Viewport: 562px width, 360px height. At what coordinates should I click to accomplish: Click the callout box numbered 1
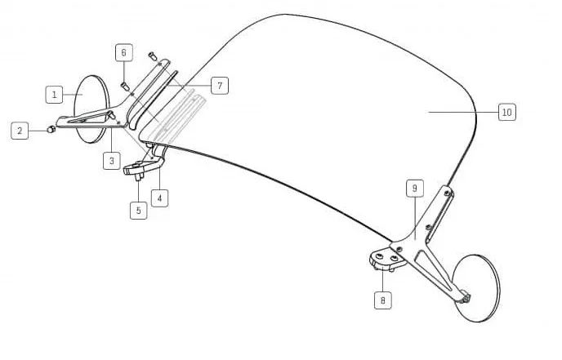click(54, 95)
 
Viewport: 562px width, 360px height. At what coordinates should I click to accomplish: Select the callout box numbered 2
click(20, 131)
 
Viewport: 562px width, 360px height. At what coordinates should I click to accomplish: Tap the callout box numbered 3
click(111, 161)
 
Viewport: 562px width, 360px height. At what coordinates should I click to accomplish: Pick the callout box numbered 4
click(159, 198)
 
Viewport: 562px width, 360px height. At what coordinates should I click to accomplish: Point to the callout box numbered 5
click(138, 211)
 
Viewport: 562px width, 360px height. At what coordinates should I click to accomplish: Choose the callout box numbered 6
click(124, 53)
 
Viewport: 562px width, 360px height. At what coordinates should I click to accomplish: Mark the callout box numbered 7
click(220, 86)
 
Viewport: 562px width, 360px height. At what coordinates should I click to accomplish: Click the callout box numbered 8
click(383, 300)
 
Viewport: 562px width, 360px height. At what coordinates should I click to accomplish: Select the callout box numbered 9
click(415, 189)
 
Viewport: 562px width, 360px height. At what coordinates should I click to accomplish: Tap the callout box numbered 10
click(506, 112)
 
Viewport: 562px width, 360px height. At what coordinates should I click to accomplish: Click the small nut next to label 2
click(51, 129)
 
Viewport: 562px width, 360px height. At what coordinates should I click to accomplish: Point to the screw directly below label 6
click(124, 86)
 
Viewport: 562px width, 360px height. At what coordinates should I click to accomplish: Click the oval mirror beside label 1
click(90, 109)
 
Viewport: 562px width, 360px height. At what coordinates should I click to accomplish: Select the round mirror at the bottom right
click(475, 288)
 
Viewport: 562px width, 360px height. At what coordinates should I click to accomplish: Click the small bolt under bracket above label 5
click(139, 176)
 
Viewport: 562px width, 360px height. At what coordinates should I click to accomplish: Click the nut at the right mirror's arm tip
click(466, 299)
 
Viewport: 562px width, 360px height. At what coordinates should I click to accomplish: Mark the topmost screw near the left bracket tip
click(152, 56)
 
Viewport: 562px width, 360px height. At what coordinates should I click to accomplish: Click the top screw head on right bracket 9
click(447, 193)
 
